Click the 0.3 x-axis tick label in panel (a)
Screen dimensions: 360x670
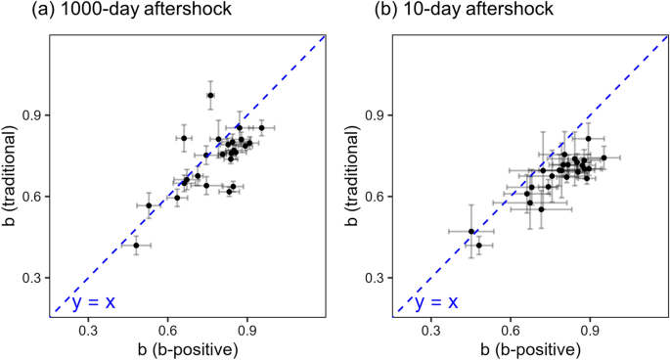click(x=88, y=330)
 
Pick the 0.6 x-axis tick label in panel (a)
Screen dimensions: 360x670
click(x=167, y=330)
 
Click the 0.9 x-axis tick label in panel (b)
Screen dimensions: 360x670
click(x=590, y=330)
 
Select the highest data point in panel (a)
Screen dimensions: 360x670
click(x=210, y=95)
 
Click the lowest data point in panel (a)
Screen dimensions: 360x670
click(x=136, y=246)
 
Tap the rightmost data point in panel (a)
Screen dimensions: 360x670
click(x=261, y=127)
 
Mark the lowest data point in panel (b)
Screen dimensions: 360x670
click(x=478, y=246)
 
